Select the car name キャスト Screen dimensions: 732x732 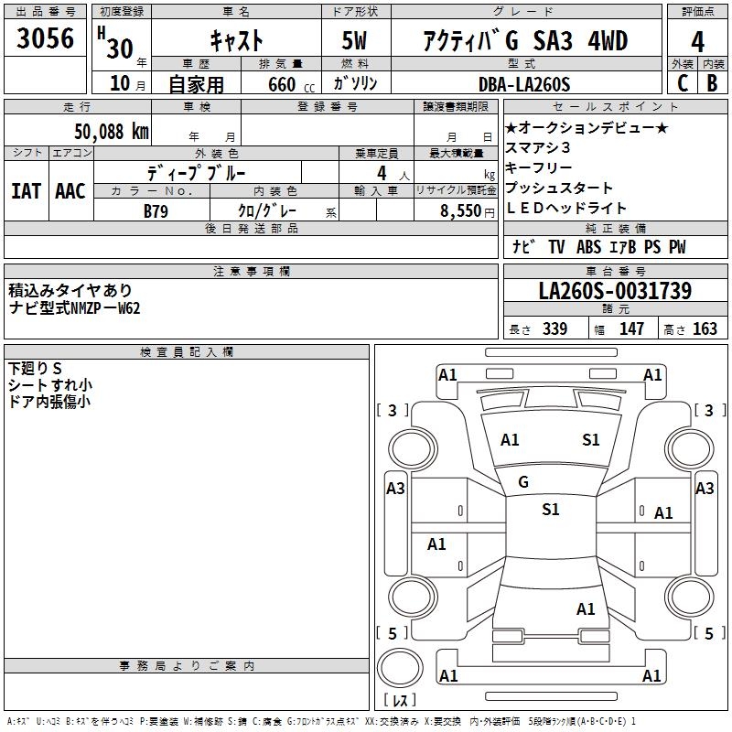click(x=237, y=40)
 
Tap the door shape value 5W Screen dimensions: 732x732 click(x=356, y=40)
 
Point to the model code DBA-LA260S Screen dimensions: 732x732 click(x=525, y=84)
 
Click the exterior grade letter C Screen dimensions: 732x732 click(x=682, y=83)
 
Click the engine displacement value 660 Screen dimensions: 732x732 click(x=282, y=84)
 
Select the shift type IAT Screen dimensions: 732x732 click(x=26, y=191)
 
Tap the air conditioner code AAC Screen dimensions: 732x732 click(x=70, y=191)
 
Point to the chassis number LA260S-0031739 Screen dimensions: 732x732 click(x=615, y=291)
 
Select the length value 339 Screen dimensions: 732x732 click(x=554, y=329)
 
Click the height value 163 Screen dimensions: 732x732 click(x=705, y=329)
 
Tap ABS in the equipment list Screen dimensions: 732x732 click(x=588, y=247)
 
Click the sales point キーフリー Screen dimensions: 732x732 click(x=539, y=168)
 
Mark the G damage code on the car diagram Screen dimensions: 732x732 click(x=523, y=481)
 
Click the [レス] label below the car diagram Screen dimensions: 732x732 click(x=399, y=701)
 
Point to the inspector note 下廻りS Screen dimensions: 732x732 click(x=35, y=368)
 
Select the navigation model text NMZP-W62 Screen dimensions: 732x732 click(x=106, y=308)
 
